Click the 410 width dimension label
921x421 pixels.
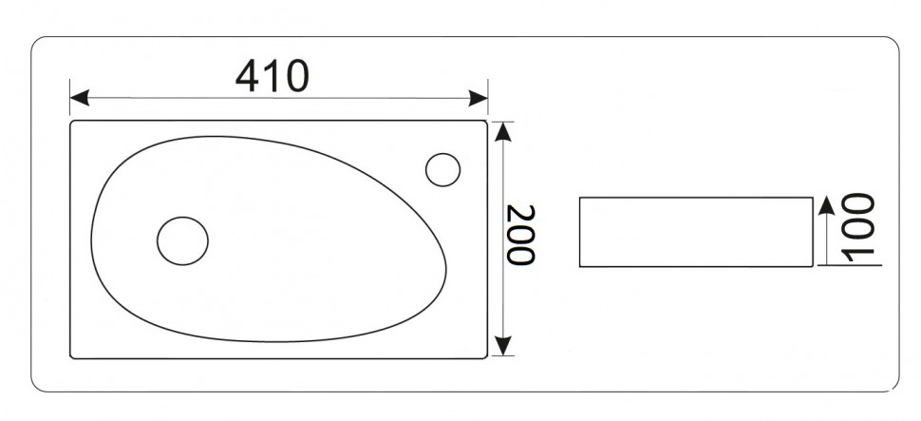pyautogui.click(x=272, y=76)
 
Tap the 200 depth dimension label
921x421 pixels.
pyautogui.click(x=520, y=235)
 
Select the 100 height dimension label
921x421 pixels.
pyautogui.click(x=858, y=226)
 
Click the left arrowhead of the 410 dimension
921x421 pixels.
pyautogui.click(x=80, y=98)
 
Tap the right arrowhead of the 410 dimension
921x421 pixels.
pyautogui.click(x=479, y=98)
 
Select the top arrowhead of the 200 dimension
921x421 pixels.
pyautogui.click(x=503, y=132)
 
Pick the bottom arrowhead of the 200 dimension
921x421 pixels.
pyautogui.click(x=503, y=346)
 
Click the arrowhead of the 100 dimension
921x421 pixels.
pyautogui.click(x=826, y=206)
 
